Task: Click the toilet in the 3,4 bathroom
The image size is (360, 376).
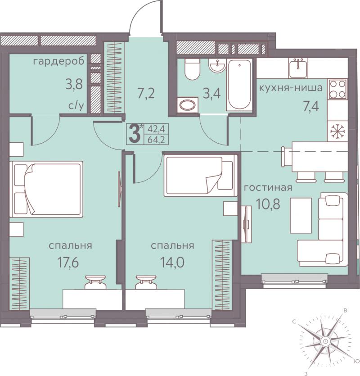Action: coord(192,69)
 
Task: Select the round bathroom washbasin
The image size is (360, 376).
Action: coord(217,65)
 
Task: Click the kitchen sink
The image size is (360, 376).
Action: coord(298,68)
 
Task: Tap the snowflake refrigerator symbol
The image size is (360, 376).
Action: coord(337,132)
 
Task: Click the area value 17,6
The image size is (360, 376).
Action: coord(68,263)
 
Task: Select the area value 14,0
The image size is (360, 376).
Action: coord(172,263)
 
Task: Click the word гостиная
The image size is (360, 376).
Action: coord(268,187)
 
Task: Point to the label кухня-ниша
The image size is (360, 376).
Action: coord(291,88)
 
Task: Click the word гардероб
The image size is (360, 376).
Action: coord(58,62)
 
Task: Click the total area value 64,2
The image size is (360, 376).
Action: coord(156,140)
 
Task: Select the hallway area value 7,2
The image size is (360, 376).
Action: coord(146,93)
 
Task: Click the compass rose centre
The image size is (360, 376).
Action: coord(325,341)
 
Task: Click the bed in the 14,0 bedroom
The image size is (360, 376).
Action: coord(200,175)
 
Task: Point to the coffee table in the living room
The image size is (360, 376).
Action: coord(301,215)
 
